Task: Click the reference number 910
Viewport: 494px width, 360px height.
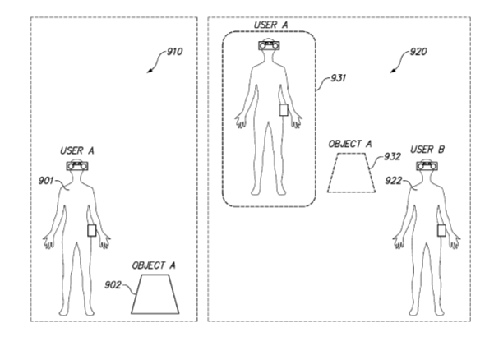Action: tap(174, 51)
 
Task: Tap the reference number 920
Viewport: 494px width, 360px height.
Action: tap(418, 51)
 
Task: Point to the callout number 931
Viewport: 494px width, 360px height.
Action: tap(338, 78)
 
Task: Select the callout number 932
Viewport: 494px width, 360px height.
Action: tap(392, 156)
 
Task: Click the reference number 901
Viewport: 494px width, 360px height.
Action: tap(46, 181)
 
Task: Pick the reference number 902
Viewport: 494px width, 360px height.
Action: tap(113, 285)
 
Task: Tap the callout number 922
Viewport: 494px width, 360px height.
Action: tap(394, 181)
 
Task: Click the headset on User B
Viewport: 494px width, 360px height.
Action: tap(427, 165)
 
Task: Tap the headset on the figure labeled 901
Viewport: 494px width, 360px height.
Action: tap(77, 166)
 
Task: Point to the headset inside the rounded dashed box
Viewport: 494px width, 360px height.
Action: tap(270, 46)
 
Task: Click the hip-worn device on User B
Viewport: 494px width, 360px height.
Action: tap(441, 231)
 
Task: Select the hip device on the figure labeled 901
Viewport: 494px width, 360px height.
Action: tap(92, 231)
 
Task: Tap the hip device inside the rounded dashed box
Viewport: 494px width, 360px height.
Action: tap(284, 110)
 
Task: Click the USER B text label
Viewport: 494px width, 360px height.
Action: tap(427, 150)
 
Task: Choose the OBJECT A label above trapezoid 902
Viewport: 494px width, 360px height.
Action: tap(154, 265)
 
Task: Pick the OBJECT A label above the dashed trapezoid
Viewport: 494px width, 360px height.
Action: tap(350, 145)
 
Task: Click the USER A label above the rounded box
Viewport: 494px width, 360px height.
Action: tap(271, 25)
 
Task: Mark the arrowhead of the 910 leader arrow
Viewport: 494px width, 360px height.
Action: tap(149, 72)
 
